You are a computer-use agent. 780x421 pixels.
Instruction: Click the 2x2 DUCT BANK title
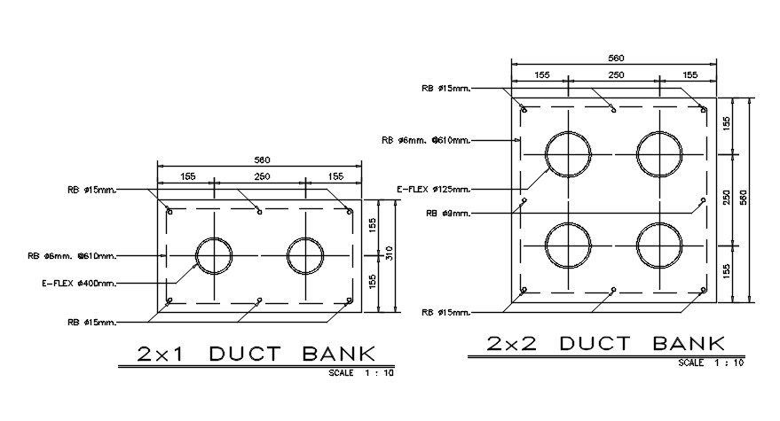click(606, 343)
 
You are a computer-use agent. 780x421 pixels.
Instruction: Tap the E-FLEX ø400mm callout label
click(80, 284)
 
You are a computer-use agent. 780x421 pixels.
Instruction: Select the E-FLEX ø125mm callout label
click(433, 189)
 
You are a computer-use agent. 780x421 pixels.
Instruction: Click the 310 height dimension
click(389, 255)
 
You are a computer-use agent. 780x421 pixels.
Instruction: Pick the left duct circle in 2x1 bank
click(213, 255)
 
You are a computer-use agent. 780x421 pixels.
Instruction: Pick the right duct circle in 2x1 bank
click(305, 255)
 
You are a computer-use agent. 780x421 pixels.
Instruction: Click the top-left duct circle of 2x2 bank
click(568, 153)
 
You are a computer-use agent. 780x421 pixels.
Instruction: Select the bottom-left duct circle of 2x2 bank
click(568, 245)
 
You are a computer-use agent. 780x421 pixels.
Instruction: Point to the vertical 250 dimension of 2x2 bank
click(727, 199)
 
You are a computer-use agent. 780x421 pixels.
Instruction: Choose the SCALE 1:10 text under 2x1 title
click(361, 373)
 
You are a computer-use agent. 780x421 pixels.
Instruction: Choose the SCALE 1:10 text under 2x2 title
click(712, 363)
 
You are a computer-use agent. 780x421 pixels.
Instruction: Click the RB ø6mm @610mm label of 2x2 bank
click(425, 140)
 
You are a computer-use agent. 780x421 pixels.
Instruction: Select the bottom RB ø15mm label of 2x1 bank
click(91, 321)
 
